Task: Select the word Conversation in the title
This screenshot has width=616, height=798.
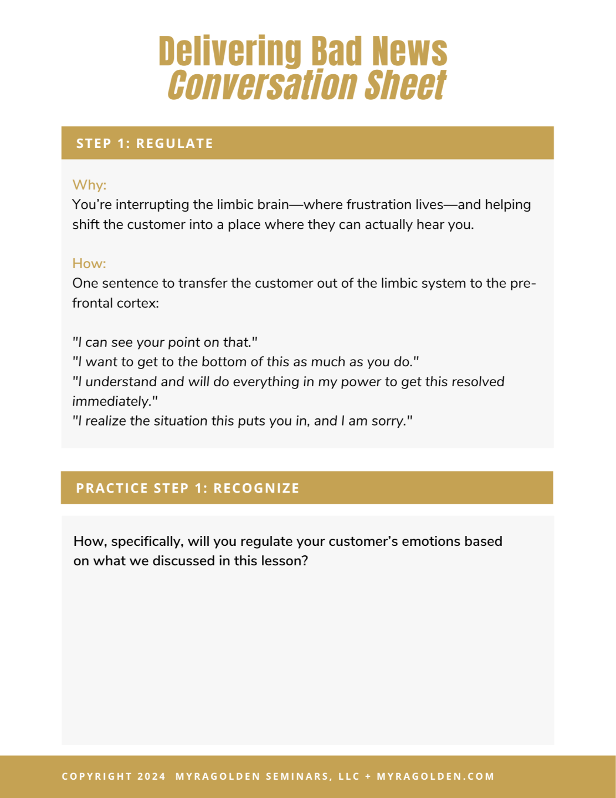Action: click(x=261, y=85)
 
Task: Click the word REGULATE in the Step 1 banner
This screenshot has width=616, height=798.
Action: click(x=174, y=144)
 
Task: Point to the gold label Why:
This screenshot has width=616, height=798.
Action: click(x=89, y=185)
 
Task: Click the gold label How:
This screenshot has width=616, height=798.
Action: click(x=89, y=263)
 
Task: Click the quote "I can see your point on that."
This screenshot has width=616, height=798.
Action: click(x=165, y=342)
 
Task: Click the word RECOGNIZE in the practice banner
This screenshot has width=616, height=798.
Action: click(x=256, y=488)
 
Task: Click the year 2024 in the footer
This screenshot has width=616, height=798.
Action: click(x=151, y=776)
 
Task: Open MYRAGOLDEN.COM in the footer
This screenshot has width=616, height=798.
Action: click(x=435, y=776)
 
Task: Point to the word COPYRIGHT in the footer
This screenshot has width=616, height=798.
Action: click(x=97, y=776)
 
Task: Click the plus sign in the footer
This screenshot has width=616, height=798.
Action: click(x=368, y=776)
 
